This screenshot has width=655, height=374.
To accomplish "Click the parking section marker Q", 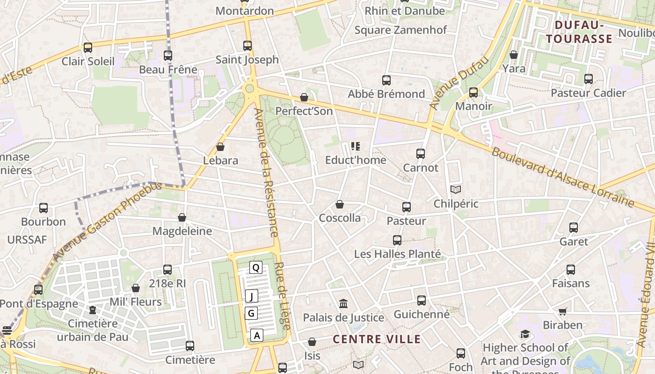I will (x=255, y=267).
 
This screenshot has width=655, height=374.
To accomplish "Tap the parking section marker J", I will (x=252, y=296).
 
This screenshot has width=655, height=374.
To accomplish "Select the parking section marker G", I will (x=251, y=313).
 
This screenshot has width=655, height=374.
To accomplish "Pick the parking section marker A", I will (x=257, y=335).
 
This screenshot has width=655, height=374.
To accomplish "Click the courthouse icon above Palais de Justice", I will (x=343, y=304).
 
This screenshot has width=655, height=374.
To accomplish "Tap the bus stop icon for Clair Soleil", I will (x=88, y=47).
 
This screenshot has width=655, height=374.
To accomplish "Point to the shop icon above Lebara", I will (x=220, y=147).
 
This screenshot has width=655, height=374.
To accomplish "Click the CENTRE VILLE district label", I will (x=377, y=339).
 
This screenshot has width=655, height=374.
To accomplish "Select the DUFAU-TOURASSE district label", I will (x=579, y=32).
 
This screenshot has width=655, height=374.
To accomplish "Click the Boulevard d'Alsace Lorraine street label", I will (x=562, y=178).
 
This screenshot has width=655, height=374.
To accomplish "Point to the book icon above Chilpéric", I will (x=456, y=189).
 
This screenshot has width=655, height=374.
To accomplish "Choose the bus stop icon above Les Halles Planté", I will (x=397, y=240).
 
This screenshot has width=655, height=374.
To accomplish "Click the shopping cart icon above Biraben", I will (x=563, y=311).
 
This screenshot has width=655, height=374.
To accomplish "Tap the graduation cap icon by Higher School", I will (x=525, y=334).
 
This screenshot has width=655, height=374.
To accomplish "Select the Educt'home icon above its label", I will (x=356, y=146).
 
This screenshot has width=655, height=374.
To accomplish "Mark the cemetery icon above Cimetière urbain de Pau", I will (x=93, y=310).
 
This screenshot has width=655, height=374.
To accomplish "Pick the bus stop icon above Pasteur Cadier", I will (x=589, y=79).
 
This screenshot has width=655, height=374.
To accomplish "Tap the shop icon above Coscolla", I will (x=340, y=204).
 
